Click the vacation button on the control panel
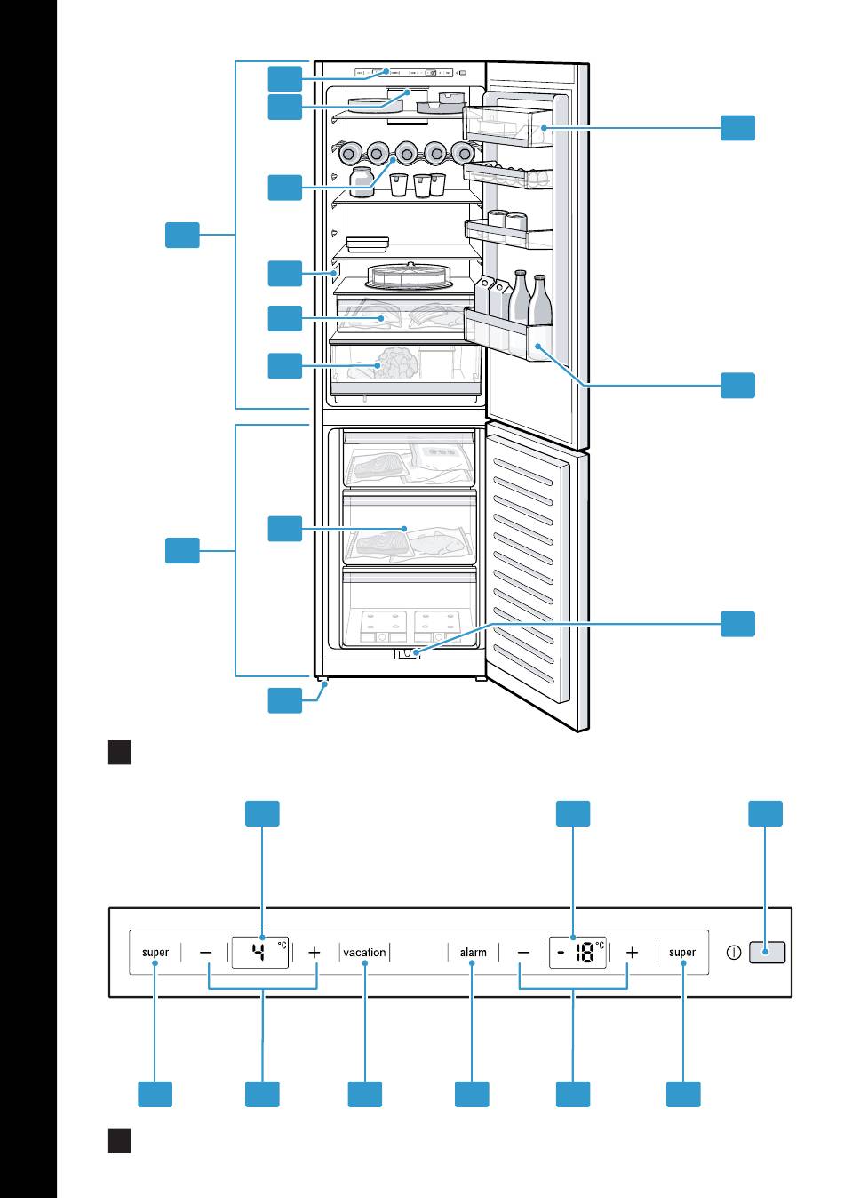coord(364,953)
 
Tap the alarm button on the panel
coord(473,953)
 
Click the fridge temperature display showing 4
coord(259,953)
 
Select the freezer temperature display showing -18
coord(577,953)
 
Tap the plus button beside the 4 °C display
coord(315,953)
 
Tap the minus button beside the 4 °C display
coord(206,953)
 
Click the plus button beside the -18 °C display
coord(632,953)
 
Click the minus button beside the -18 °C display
coord(523,953)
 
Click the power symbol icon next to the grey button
coord(734,954)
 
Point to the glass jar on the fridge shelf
coord(362,181)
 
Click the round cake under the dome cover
coord(410,276)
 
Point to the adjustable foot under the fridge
coord(322,683)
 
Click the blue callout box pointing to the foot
coord(285,700)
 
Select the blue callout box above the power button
coord(765,813)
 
